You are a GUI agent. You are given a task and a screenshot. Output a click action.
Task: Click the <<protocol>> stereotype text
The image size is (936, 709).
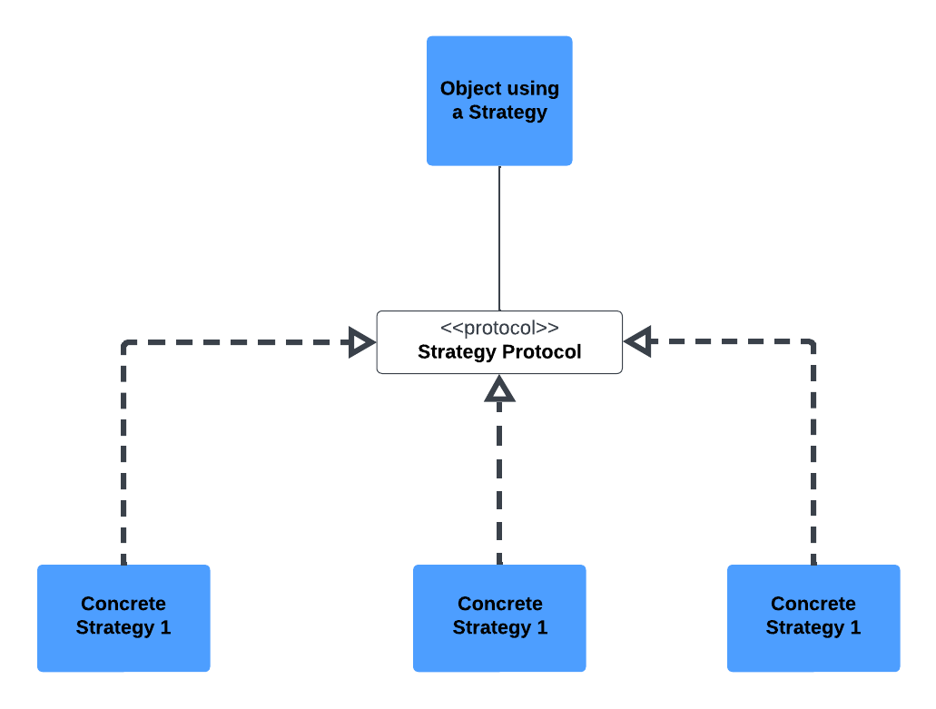tap(499, 329)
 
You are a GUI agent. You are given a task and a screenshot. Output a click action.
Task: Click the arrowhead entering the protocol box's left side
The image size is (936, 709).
tap(362, 342)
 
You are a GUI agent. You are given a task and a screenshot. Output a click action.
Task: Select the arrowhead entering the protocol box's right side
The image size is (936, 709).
tap(638, 342)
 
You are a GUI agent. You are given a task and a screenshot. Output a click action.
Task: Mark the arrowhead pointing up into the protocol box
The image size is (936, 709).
tap(499, 389)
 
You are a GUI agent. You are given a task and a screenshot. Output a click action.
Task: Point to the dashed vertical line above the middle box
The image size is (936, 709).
tap(499, 481)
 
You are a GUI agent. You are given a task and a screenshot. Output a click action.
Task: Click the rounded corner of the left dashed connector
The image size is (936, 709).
tap(126, 345)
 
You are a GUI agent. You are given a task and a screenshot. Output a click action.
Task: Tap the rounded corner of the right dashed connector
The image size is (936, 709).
tap(811, 345)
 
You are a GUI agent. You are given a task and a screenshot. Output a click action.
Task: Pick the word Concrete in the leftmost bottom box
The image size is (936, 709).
tap(123, 605)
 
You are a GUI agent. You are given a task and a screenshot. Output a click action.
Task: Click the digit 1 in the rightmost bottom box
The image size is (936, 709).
tap(854, 627)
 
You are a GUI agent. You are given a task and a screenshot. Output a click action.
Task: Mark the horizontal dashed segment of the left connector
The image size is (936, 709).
tap(236, 342)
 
